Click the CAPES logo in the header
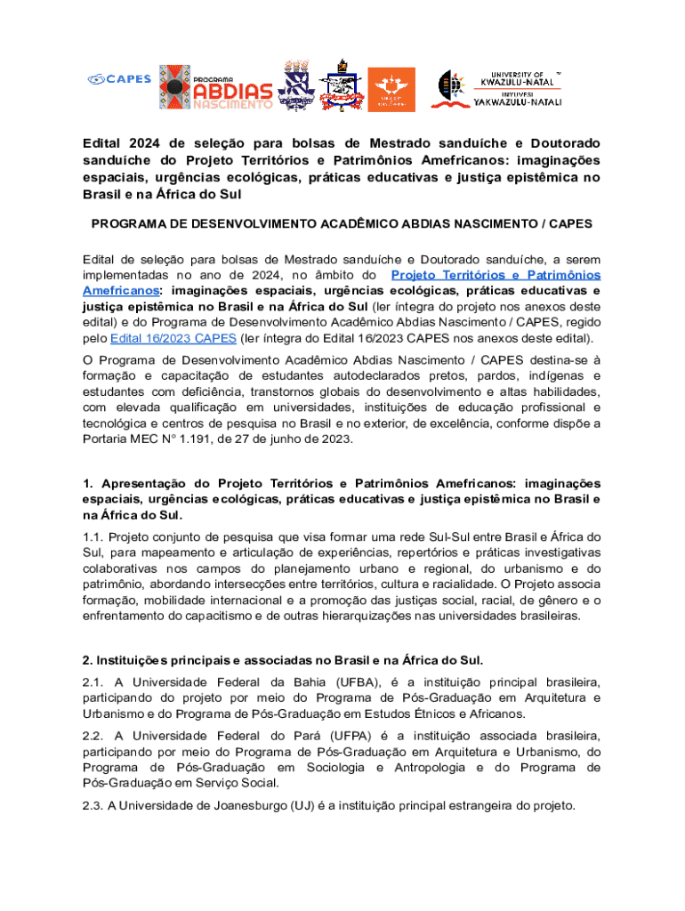coord(119,80)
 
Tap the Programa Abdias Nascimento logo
coord(216,87)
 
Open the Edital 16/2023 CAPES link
coord(173,339)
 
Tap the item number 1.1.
coord(93,536)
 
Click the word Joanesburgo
coord(244,806)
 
